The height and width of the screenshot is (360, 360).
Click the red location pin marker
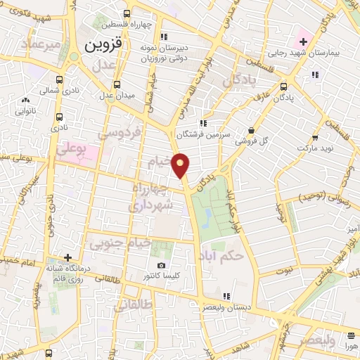pyautogui.click(x=181, y=165)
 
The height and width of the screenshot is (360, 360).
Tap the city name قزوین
pyautogui.click(x=103, y=45)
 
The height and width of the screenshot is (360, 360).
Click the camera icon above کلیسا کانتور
pyautogui.click(x=162, y=266)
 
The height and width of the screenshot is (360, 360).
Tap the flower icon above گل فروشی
pyautogui.click(x=252, y=129)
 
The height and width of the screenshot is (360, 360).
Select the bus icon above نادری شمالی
pyautogui.click(x=59, y=79)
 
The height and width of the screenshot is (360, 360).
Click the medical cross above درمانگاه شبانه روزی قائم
pyautogui.click(x=67, y=257)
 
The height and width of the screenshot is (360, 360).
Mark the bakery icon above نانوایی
pyautogui.click(x=26, y=100)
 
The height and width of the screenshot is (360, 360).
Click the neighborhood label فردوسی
pyautogui.click(x=120, y=131)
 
